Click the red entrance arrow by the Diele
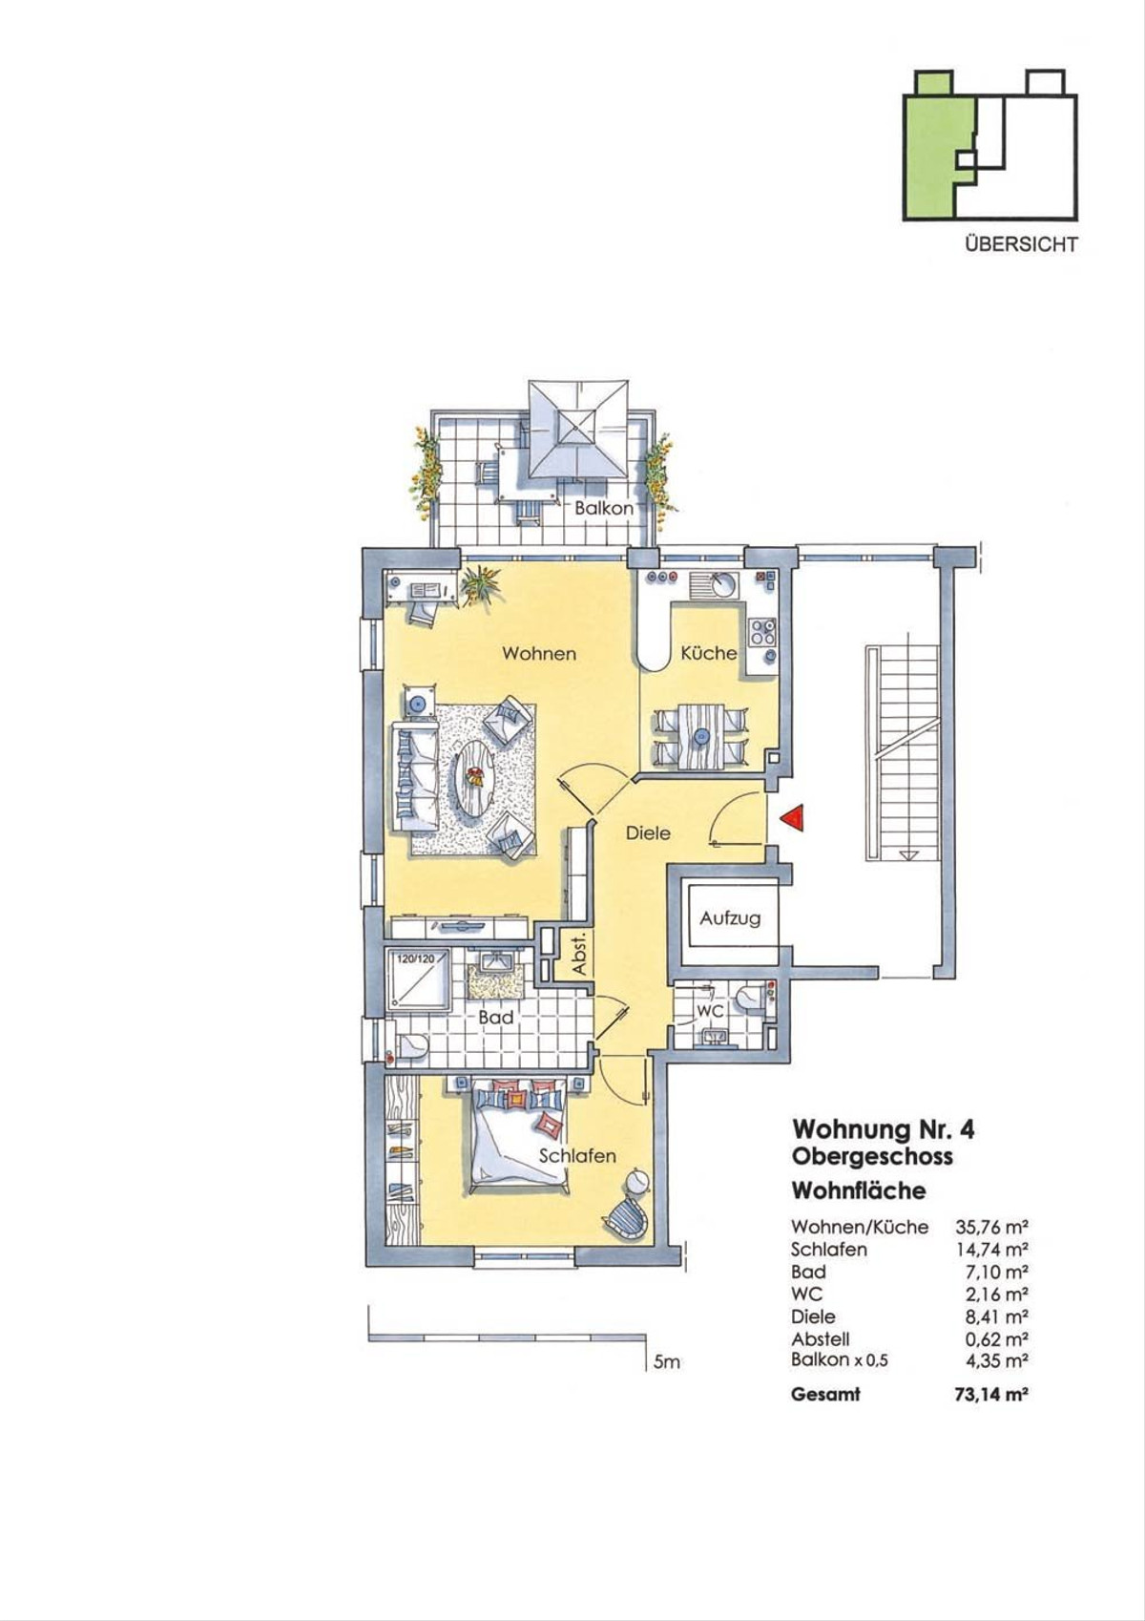click(793, 818)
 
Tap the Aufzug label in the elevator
click(730, 919)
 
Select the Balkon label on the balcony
click(603, 508)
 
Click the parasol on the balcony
click(578, 430)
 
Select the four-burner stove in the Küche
click(762, 631)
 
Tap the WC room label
click(710, 1011)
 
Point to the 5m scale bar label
click(666, 1362)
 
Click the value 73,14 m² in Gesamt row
click(991, 1394)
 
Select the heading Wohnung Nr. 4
click(884, 1130)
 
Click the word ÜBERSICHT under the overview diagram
click(1021, 244)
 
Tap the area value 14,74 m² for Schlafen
click(991, 1249)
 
